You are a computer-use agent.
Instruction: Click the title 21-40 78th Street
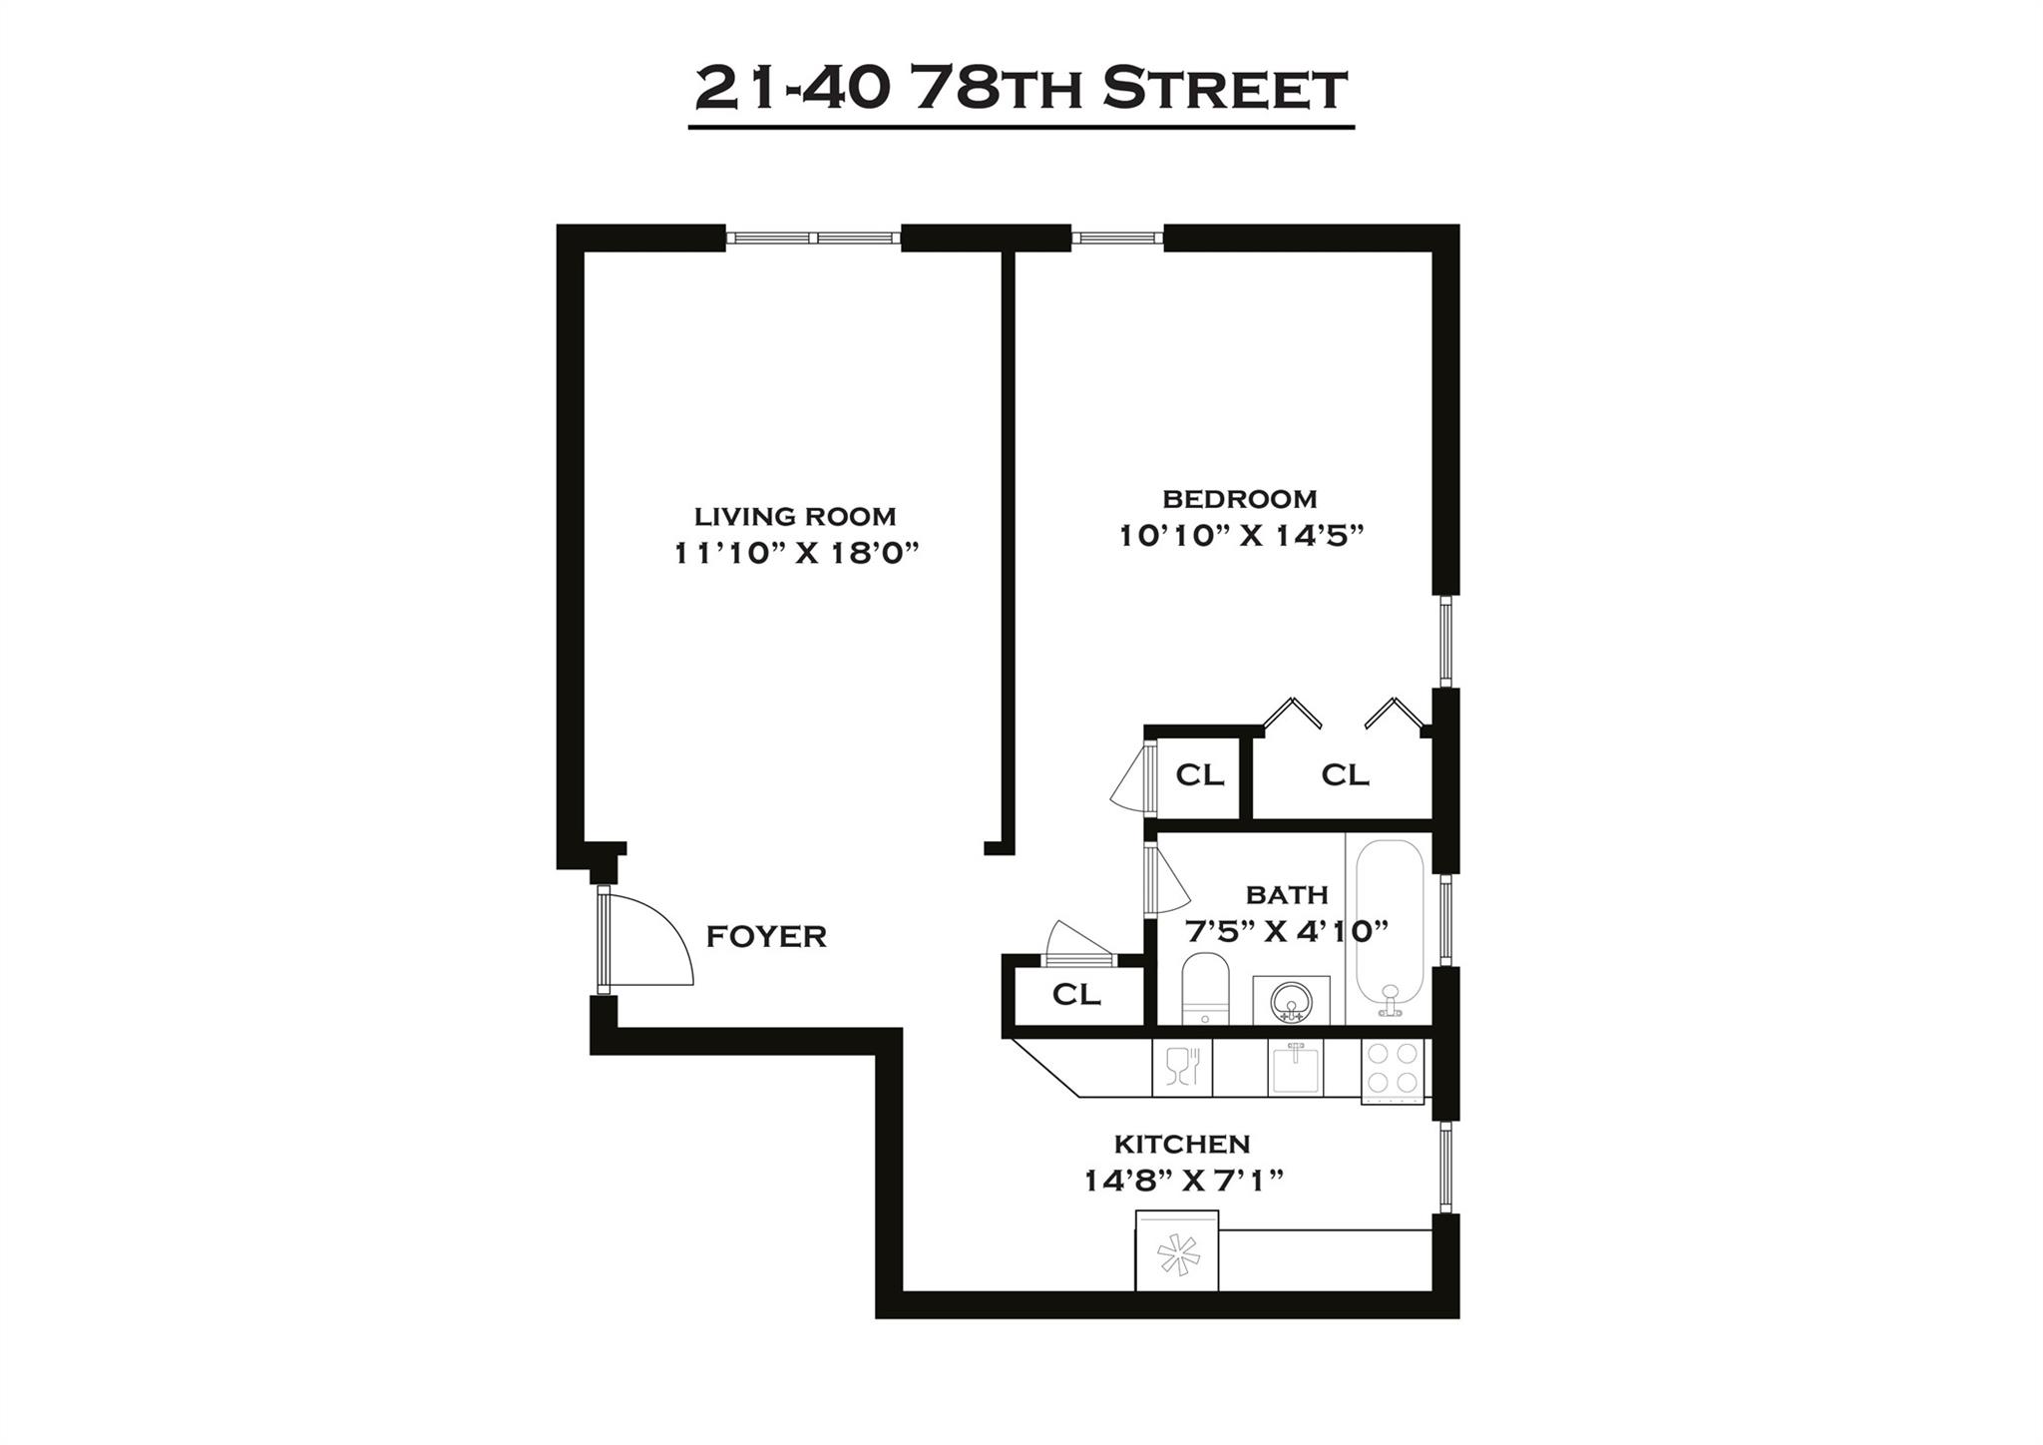(x=1021, y=90)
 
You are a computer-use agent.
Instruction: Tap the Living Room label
(x=795, y=516)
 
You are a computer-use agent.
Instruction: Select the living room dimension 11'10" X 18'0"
(x=795, y=553)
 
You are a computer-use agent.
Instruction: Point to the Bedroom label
(x=1239, y=498)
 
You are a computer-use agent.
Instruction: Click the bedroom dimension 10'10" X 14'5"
(x=1240, y=536)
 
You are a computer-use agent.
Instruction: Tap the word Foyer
(x=766, y=937)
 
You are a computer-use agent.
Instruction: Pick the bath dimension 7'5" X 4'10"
(x=1286, y=932)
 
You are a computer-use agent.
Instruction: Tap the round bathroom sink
(x=1292, y=999)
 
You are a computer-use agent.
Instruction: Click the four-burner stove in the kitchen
(x=1393, y=1069)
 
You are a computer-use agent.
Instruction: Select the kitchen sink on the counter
(x=1294, y=1068)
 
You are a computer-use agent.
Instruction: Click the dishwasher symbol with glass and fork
(x=1182, y=1068)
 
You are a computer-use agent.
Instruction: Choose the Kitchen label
(x=1181, y=1144)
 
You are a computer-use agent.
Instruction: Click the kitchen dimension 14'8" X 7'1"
(x=1183, y=1182)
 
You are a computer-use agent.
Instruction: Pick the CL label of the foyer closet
(x=1076, y=994)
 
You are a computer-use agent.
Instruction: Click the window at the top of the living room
(x=813, y=238)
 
